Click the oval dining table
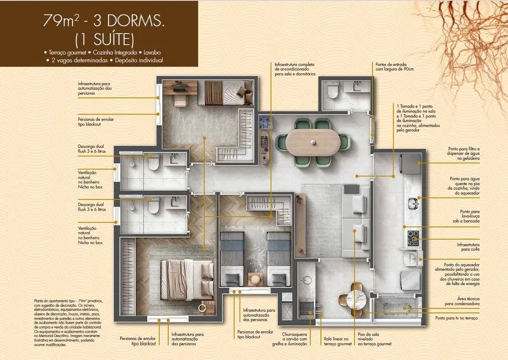click(x=309, y=143)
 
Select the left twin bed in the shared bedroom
click(x=232, y=259)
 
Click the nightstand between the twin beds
click(x=255, y=279)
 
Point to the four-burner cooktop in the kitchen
click(x=413, y=239)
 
